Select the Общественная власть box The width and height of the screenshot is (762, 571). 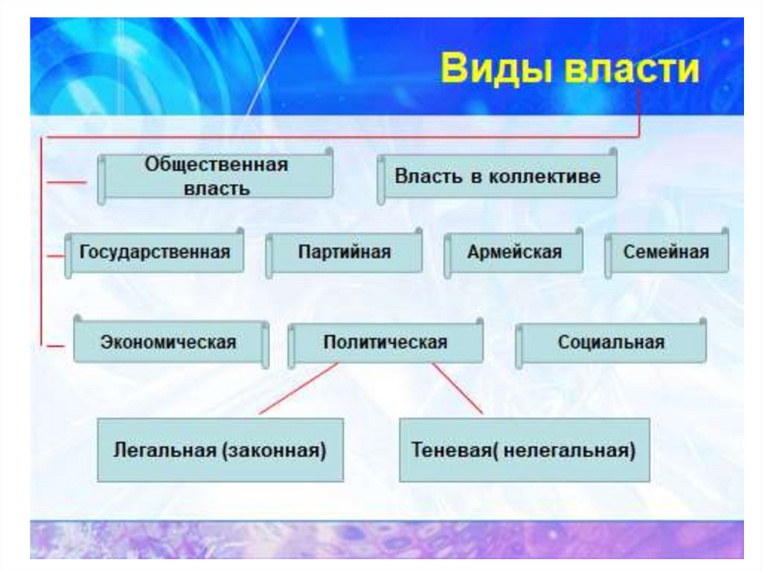click(216, 176)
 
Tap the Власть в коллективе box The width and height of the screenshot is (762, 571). click(497, 177)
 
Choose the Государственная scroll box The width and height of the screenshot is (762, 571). click(155, 252)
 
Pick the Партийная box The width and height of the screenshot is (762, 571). click(344, 252)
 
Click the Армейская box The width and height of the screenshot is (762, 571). click(514, 252)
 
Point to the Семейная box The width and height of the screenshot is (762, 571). click(666, 252)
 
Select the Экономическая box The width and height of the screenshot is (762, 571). click(169, 343)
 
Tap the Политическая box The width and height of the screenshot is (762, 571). click(385, 343)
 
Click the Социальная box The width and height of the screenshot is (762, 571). click(610, 343)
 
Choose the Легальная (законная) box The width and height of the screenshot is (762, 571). click(220, 450)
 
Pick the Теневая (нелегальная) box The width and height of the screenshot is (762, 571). click(524, 450)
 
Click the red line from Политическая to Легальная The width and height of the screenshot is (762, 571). click(298, 389)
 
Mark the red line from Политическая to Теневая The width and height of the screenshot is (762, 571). click(458, 389)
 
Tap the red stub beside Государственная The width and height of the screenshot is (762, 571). click(54, 256)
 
